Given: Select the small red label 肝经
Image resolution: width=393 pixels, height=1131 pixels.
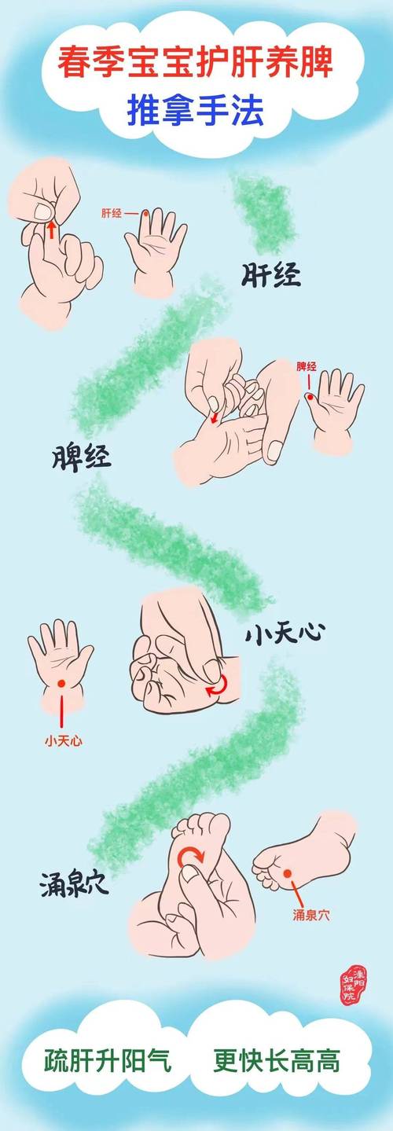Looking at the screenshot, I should [112, 213].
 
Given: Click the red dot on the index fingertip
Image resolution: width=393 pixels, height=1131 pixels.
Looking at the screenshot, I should [145, 213].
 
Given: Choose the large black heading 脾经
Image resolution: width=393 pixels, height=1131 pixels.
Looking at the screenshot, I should [83, 456].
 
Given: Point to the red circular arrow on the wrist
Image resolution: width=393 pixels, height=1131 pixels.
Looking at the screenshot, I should [216, 687].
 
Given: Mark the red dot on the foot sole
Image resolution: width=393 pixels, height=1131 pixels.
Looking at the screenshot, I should [287, 873].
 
